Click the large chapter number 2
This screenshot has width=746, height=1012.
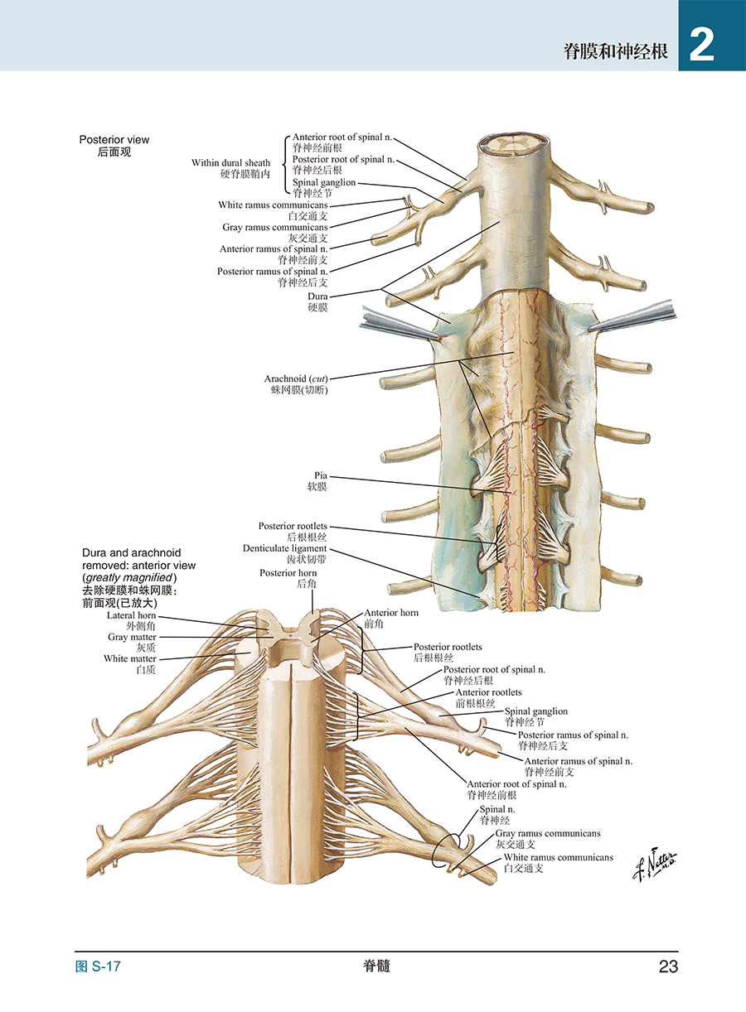pos(701,46)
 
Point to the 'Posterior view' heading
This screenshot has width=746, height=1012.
pos(114,140)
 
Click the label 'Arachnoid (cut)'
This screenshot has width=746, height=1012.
pos(296,378)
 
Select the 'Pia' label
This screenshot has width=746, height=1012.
pos(321,475)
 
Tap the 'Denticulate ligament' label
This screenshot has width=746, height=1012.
pos(285,548)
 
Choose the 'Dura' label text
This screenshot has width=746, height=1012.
pos(317,296)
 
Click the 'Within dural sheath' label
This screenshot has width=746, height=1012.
pos(230,162)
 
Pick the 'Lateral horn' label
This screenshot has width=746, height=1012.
pos(131,615)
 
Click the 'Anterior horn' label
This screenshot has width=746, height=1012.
pos(391,613)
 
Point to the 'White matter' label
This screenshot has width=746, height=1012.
pos(130,658)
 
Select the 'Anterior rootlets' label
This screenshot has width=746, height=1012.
pos(488,692)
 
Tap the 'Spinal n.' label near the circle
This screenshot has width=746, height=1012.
pos(497,809)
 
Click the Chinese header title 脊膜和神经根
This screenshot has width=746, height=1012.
pos(615,51)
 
